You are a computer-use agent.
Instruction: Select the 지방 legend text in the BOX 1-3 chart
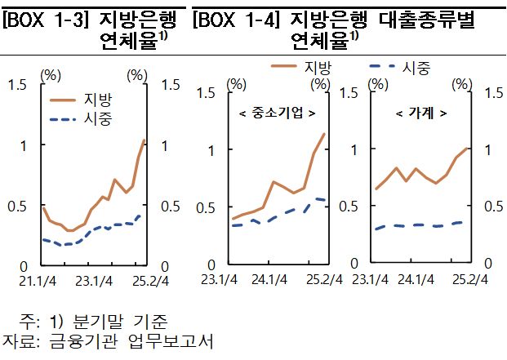tap(98, 100)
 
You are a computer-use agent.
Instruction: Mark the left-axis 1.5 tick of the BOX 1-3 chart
tap(16, 84)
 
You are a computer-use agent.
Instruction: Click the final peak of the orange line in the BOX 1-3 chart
tap(144, 140)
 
